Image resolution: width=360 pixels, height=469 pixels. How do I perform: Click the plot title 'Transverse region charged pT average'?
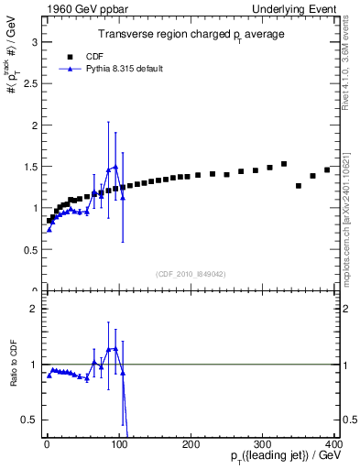[x=191, y=34]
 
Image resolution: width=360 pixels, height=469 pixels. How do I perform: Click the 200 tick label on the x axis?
[x=191, y=444]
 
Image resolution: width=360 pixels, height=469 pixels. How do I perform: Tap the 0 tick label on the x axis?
[x=47, y=444]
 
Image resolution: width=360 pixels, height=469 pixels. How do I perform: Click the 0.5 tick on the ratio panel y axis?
[x=32, y=420]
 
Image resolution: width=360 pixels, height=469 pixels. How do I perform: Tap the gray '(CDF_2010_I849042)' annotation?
[x=190, y=273]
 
